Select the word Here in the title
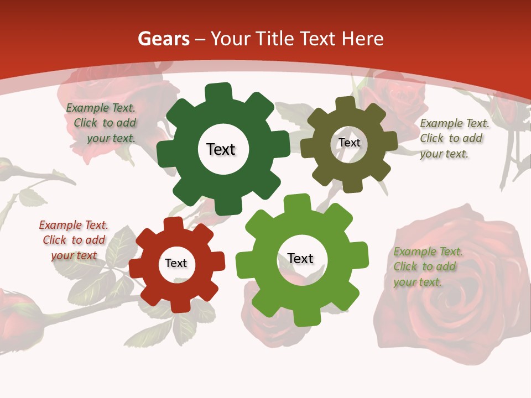coord(363,39)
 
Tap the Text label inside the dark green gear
coord(221,149)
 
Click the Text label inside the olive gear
coord(349,143)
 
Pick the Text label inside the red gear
coord(176,263)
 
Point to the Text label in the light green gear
coord(300,258)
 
